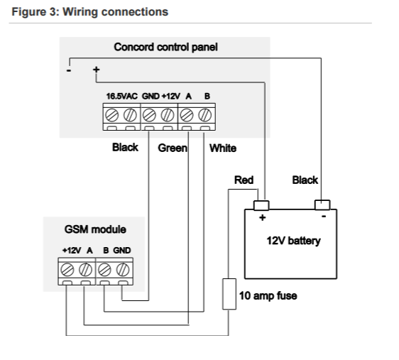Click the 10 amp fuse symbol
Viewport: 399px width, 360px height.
(x=229, y=294)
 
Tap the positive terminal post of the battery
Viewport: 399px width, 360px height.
(x=261, y=205)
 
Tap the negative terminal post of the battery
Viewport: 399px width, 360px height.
(x=322, y=204)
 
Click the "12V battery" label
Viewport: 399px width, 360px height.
(x=293, y=241)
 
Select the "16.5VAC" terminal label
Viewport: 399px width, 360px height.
(x=122, y=96)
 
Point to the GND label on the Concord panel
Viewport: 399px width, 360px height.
(x=151, y=96)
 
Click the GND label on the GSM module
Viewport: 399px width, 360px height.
(x=122, y=251)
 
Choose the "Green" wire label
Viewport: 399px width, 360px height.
(x=173, y=148)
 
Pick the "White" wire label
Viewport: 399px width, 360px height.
(x=223, y=148)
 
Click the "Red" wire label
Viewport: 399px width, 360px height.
(x=244, y=180)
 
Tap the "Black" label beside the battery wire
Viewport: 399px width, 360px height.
(x=305, y=180)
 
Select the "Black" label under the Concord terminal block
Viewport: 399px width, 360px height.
(x=125, y=147)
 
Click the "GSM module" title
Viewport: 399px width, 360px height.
(x=95, y=229)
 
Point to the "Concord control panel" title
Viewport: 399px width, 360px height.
(x=165, y=47)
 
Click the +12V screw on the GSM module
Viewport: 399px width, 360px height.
(x=67, y=270)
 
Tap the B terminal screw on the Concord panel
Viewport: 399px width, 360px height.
(x=205, y=115)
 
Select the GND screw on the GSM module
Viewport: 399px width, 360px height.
(x=123, y=270)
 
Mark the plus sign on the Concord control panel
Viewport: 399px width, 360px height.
(x=96, y=69)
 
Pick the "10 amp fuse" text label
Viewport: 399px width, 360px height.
(x=268, y=295)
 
